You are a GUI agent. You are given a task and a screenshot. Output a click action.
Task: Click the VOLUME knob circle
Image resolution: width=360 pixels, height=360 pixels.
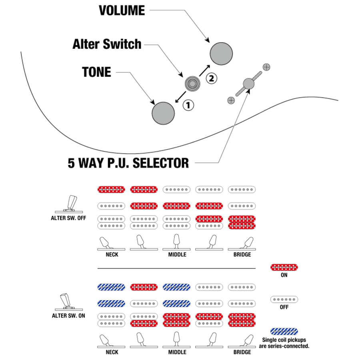(x=221, y=53)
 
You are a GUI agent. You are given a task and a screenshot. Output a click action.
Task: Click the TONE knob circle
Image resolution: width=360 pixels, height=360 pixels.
(x=163, y=113)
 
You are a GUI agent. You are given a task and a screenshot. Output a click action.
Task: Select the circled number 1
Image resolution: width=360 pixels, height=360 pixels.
(x=188, y=105)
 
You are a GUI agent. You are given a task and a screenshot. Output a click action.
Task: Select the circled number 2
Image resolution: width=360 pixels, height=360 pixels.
(x=211, y=78)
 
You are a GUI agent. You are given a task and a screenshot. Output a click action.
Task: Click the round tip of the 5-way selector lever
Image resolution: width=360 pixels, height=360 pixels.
(x=249, y=83)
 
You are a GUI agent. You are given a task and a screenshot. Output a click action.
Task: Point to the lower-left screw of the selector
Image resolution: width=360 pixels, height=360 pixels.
(x=231, y=100)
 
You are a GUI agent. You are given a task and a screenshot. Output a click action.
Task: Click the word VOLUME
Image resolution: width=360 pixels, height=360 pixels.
(x=122, y=11)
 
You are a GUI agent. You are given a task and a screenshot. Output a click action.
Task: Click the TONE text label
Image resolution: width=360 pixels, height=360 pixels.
(x=96, y=72)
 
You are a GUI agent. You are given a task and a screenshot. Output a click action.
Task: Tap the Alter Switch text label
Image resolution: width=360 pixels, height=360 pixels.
(x=107, y=44)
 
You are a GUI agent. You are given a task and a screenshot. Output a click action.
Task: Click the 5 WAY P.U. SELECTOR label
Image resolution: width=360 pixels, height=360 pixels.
(x=128, y=163)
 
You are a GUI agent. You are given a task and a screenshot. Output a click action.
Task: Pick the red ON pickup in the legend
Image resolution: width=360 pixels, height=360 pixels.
(x=284, y=267)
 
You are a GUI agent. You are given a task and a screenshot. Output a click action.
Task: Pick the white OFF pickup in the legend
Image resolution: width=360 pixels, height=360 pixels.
(x=284, y=299)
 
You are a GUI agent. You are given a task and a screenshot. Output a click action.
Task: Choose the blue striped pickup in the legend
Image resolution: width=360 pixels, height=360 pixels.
(x=284, y=331)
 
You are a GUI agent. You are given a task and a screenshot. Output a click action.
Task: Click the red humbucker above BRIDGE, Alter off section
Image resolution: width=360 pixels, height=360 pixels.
(x=242, y=222)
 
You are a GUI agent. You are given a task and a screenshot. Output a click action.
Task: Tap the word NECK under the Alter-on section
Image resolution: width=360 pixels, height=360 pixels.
(x=112, y=352)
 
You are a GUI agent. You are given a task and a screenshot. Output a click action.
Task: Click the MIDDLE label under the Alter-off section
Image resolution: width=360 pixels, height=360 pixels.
(x=177, y=254)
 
